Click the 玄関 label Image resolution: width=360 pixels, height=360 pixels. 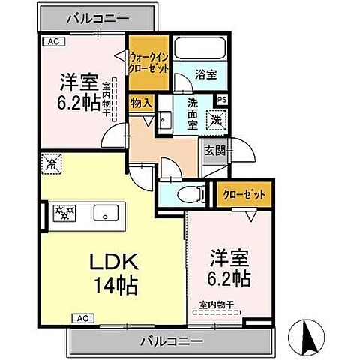[x=214, y=150]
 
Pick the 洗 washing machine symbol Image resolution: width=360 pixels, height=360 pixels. [x=214, y=120]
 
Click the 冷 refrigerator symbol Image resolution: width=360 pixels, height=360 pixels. [x=52, y=163]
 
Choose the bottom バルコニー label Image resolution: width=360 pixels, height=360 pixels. [x=171, y=341]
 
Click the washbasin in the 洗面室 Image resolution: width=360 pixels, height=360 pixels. [x=164, y=118]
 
